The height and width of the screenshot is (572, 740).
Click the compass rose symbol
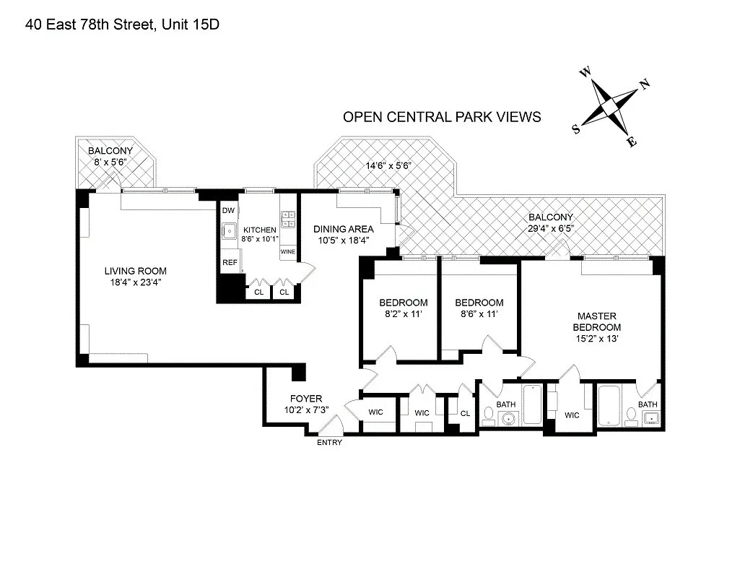coord(611,105)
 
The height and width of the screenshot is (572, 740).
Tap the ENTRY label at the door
coord(329,443)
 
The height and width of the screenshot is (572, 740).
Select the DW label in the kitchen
coord(228,210)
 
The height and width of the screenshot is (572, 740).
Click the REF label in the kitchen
coord(230,263)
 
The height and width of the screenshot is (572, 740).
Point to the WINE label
coord(287,252)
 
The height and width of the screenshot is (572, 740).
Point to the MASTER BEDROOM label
coord(596,321)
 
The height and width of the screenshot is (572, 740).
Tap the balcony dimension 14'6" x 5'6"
coord(388,165)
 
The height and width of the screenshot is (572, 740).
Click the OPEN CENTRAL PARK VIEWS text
coord(442,117)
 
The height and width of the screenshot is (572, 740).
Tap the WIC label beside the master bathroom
coord(572,415)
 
